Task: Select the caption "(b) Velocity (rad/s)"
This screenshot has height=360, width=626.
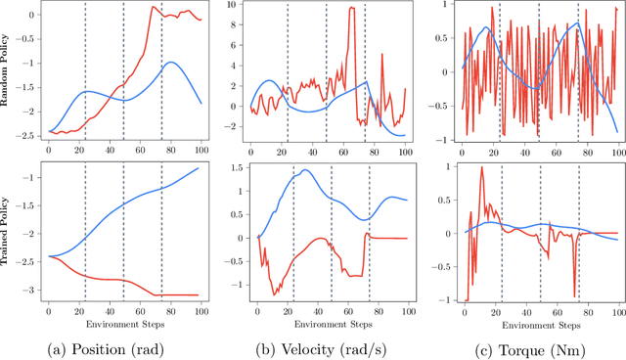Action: pos(323,345)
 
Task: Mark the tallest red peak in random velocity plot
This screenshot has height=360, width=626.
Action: pos(351,9)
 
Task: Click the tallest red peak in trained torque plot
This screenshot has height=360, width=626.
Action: pos(481,167)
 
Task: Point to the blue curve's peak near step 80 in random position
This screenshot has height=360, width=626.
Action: pos(171,63)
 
